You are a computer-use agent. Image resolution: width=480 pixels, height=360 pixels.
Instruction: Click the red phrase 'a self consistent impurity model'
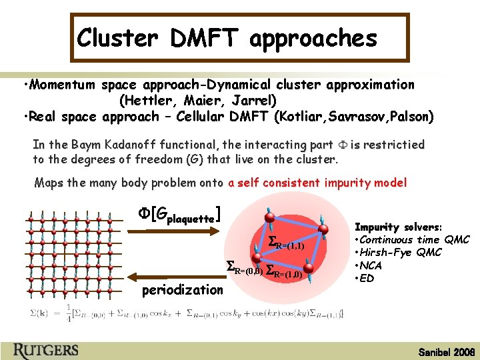pos(317,183)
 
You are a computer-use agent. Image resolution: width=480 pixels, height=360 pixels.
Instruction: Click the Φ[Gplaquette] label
pos(179,215)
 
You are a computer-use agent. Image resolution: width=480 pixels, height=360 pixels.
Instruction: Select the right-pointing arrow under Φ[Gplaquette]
pos(171,231)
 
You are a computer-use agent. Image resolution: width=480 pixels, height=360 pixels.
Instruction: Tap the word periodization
pos(183,289)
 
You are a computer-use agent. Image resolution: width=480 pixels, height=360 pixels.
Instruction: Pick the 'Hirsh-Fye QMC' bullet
pos(400,252)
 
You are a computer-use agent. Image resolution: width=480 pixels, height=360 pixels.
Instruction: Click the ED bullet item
pos(367,277)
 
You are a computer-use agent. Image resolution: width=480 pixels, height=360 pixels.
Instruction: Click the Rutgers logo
pos(46,349)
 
